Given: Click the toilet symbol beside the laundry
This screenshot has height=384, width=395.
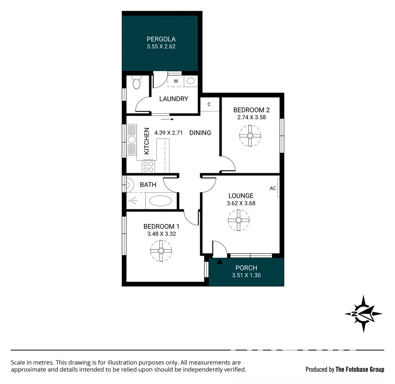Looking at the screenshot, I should [136, 83].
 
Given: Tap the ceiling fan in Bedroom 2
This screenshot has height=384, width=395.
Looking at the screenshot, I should [250, 136].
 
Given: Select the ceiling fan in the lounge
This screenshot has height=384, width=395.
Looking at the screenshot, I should [238, 220].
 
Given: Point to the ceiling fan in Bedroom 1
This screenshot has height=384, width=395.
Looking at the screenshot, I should [161, 251].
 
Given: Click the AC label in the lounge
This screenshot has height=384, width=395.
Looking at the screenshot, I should [272, 188].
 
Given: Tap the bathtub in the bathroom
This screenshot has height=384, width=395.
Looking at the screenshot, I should [160, 201].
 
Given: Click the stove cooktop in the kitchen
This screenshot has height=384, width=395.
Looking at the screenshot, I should [148, 167].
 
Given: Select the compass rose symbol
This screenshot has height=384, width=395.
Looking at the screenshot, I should [363, 314].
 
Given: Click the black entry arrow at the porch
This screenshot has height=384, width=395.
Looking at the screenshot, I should [220, 262].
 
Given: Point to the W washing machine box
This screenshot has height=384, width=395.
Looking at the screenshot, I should [176, 81].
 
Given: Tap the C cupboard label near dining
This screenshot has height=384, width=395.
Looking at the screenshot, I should [209, 104].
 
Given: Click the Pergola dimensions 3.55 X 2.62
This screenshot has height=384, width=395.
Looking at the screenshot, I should [161, 46].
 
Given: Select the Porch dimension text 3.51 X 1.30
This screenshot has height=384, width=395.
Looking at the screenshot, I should [246, 275].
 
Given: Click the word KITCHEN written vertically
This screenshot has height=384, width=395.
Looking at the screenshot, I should [146, 141].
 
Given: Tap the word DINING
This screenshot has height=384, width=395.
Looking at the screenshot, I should [200, 133].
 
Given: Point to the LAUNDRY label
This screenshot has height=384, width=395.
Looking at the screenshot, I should [173, 99].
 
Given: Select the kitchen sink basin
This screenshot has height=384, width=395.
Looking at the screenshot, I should [131, 139].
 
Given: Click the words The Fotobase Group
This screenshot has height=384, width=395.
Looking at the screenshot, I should [360, 369].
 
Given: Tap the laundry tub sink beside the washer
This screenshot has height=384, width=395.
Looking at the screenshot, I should [191, 81].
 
